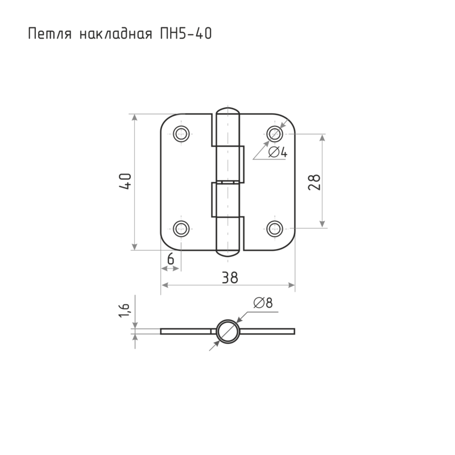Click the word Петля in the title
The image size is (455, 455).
click(50, 34)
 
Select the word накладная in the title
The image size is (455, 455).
click(116, 34)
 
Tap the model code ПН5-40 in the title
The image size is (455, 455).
click(186, 34)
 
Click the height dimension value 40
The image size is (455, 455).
click(125, 181)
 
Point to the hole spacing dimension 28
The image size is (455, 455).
click(315, 182)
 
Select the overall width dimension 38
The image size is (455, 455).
click(230, 278)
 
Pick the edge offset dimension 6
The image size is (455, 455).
click(171, 259)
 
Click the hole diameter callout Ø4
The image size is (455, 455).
click(278, 152)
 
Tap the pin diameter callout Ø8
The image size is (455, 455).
click(263, 303)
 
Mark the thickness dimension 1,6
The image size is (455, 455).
click(124, 310)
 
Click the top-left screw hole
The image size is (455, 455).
click(181, 134)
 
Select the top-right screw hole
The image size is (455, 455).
click(275, 134)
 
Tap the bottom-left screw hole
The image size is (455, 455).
click(181, 229)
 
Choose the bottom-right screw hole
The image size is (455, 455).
click(275, 229)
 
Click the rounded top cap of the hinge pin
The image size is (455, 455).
click(228, 111)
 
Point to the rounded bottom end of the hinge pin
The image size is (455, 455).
click(228, 253)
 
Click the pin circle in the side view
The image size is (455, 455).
click(228, 332)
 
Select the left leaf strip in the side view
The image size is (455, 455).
click(186, 332)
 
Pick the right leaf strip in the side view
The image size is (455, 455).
click(267, 332)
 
